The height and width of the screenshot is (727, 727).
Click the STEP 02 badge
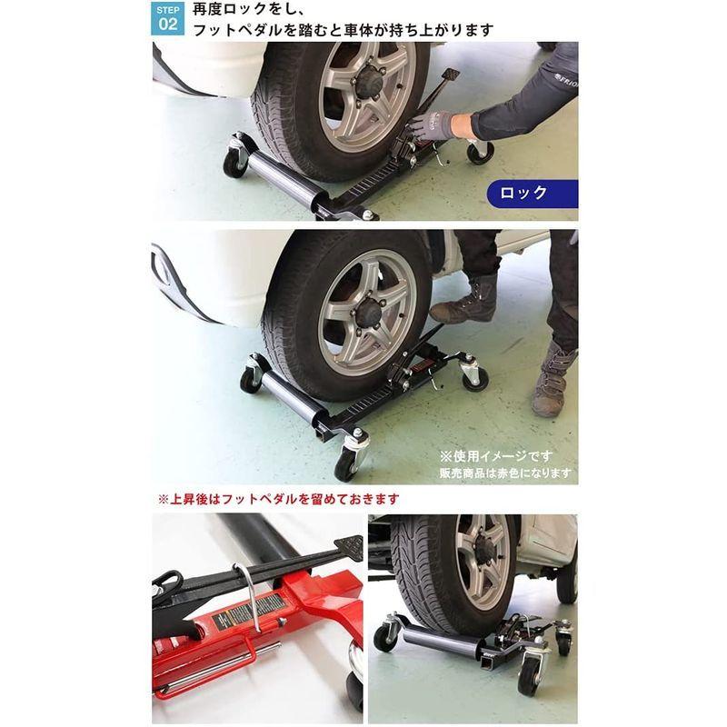[x=167, y=18]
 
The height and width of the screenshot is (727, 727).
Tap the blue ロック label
[x=532, y=193]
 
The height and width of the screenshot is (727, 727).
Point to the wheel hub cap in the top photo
[x=369, y=80]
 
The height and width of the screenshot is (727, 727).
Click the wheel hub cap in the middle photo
[x=370, y=312]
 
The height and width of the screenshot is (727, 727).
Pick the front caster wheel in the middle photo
[x=346, y=464]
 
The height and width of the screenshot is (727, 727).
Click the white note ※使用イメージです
[x=496, y=456]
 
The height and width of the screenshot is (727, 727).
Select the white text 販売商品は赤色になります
[x=505, y=473]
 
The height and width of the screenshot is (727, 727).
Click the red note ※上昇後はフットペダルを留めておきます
[x=279, y=499]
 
